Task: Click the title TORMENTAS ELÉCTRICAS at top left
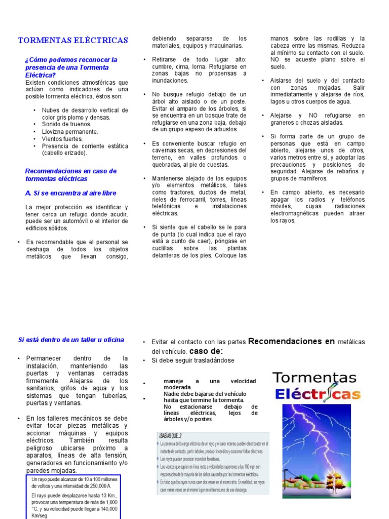point(73,40)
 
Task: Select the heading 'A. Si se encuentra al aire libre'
point(70,193)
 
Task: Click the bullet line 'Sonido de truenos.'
point(67,124)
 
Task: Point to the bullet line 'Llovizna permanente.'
point(69,131)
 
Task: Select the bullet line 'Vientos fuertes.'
point(63,138)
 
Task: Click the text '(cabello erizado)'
point(64,153)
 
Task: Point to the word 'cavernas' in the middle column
point(165,151)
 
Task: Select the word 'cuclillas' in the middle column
point(164,249)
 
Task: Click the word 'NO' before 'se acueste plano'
point(275,60)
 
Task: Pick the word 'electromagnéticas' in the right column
point(297,214)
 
